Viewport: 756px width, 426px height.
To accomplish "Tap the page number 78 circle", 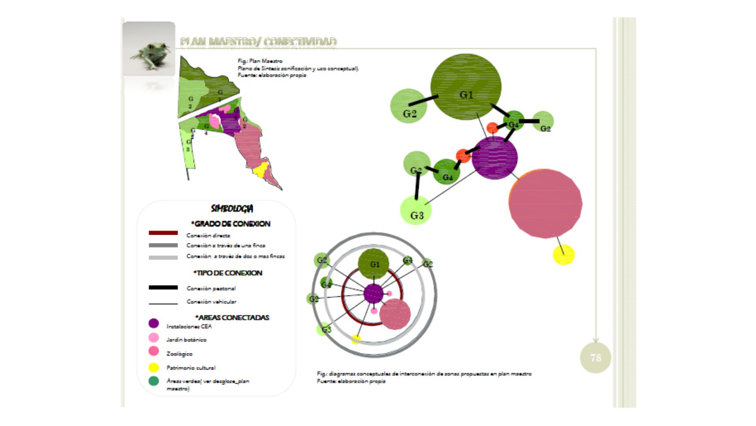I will click(x=595, y=358).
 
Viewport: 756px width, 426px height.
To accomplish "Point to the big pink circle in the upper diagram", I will click(x=545, y=204).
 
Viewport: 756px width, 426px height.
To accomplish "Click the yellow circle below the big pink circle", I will click(x=564, y=255).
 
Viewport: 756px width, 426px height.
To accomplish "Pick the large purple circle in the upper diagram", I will click(x=495, y=158).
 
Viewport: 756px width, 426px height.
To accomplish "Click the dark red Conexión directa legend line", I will click(x=163, y=233).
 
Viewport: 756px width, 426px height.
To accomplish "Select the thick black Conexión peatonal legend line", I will click(x=163, y=288).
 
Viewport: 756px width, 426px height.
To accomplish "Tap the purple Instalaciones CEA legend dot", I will click(x=154, y=323).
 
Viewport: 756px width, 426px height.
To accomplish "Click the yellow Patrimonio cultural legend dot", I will click(x=154, y=368).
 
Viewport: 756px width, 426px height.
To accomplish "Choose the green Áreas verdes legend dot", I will click(x=154, y=381).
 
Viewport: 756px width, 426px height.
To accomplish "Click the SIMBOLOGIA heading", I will click(x=232, y=209).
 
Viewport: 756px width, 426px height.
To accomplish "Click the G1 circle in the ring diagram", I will click(x=374, y=263).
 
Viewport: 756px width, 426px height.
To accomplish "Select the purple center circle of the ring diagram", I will click(x=373, y=293).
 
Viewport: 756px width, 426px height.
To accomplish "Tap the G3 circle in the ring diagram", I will click(x=324, y=329).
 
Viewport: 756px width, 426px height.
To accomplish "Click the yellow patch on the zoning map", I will click(x=260, y=170).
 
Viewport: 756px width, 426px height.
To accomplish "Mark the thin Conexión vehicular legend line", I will click(x=163, y=304).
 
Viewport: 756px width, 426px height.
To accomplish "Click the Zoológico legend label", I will click(x=179, y=354).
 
